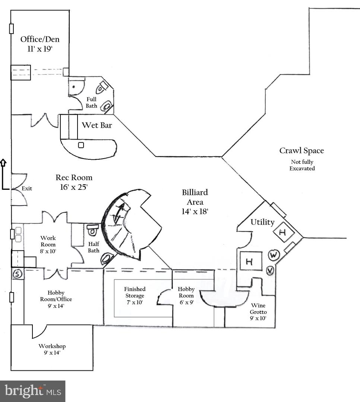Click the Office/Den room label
tap(40, 39)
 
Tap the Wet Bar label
tap(97, 125)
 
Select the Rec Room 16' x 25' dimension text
tap(74, 187)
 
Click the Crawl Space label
tap(301, 151)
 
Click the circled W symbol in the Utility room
tap(273, 255)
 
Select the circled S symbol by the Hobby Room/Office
tap(17, 274)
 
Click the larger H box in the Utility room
tap(249, 261)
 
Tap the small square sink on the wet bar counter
tap(81, 145)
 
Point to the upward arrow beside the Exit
tap(3, 163)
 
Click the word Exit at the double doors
tap(27, 188)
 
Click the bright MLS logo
tap(32, 391)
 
